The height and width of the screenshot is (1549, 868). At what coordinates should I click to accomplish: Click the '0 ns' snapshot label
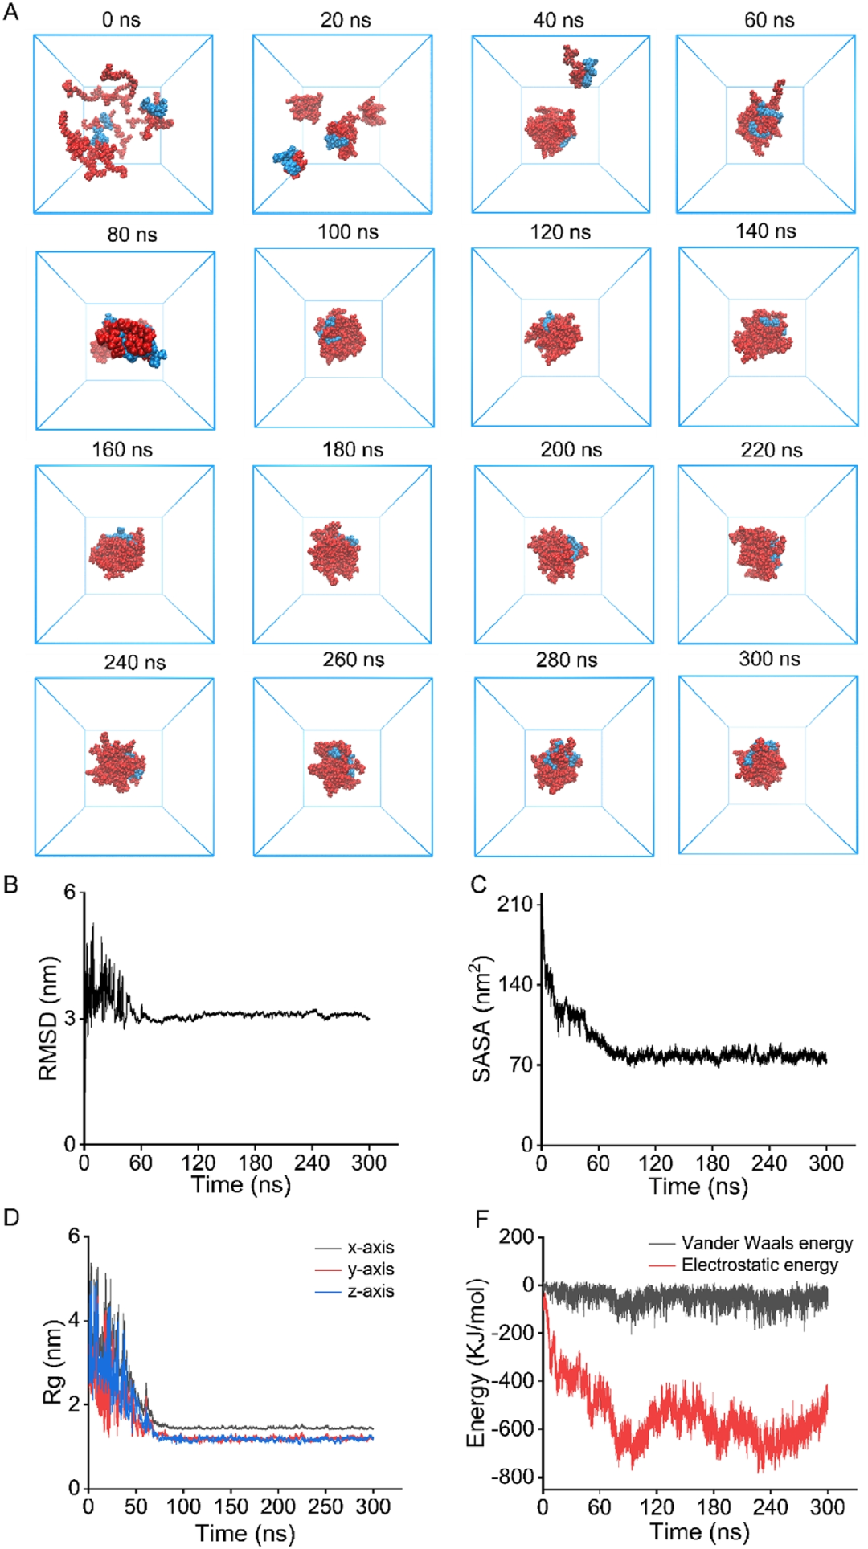tap(121, 20)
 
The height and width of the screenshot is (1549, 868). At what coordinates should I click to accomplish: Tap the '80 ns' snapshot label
tap(132, 235)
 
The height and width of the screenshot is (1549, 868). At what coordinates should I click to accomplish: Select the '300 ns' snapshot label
tap(769, 659)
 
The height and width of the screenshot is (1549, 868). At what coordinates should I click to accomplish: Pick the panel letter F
tap(482, 1219)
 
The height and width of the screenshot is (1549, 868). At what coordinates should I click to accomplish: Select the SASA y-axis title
tap(481, 1019)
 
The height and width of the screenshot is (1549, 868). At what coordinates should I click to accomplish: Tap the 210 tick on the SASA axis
tap(515, 904)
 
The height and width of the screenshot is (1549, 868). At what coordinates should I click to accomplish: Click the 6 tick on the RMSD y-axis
tap(70, 892)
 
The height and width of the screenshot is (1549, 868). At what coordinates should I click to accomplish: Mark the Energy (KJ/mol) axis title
tap(477, 1361)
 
